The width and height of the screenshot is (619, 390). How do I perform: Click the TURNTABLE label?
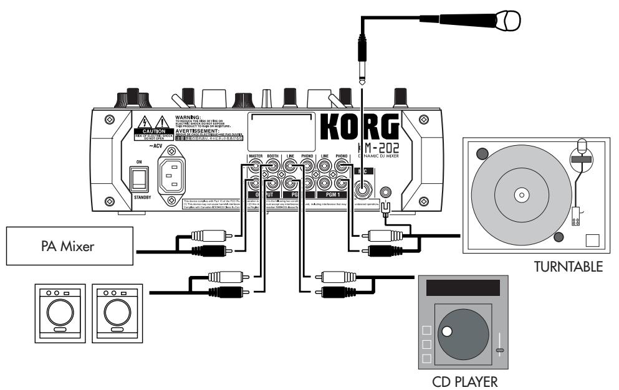tap(569, 268)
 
